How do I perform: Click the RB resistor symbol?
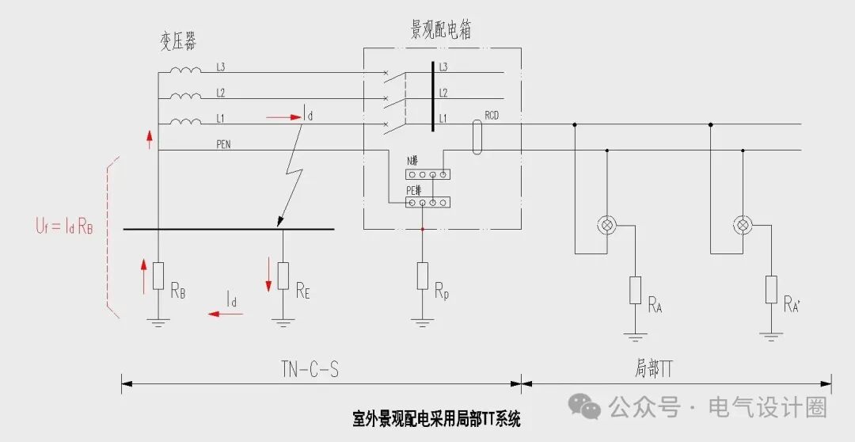pyautogui.click(x=158, y=276)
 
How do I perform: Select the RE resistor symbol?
pyautogui.click(x=283, y=276)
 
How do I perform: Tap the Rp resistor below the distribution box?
pyautogui.click(x=423, y=276)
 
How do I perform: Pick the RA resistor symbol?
pyautogui.click(x=635, y=291)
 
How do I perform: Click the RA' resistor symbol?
pyautogui.click(x=770, y=290)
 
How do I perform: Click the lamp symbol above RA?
pyautogui.click(x=608, y=226)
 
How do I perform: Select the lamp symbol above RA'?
pyautogui.click(x=743, y=226)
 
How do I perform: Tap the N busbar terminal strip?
pyautogui.click(x=427, y=173)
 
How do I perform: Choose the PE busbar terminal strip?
pyautogui.click(x=427, y=204)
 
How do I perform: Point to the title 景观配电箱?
pyautogui.click(x=442, y=30)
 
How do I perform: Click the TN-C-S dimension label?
pyautogui.click(x=310, y=369)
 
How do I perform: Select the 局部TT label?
pyautogui.click(x=654, y=369)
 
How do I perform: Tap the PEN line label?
pyautogui.click(x=224, y=145)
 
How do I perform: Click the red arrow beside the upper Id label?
pyautogui.click(x=283, y=117)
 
